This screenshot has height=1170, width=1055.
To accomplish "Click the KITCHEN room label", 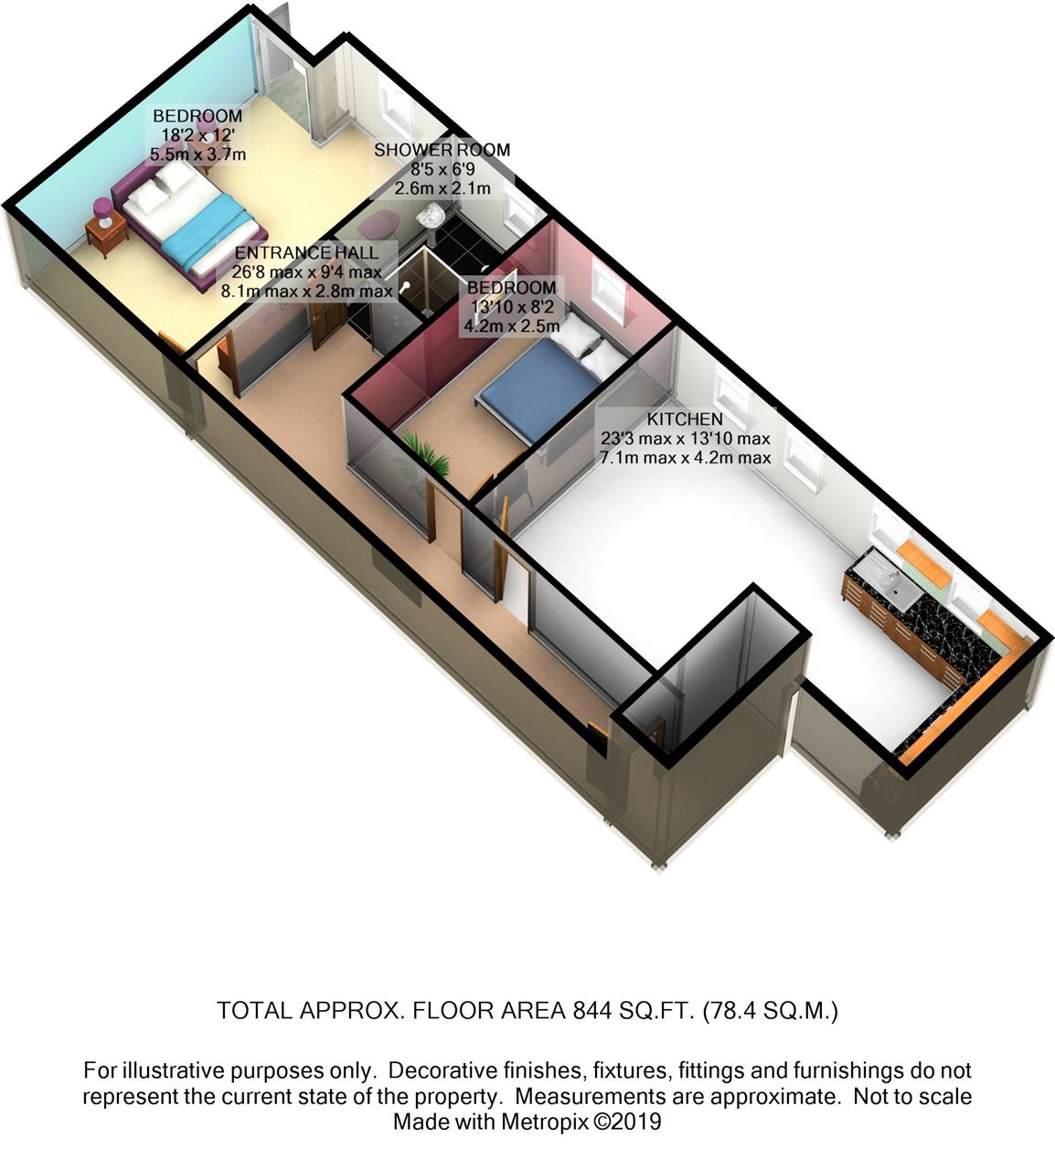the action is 685,419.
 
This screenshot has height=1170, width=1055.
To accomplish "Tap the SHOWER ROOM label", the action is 442,150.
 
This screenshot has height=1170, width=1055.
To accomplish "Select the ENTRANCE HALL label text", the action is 306,252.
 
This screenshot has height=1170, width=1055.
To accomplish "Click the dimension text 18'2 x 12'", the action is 197,135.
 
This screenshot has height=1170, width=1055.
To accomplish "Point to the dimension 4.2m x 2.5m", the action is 512,325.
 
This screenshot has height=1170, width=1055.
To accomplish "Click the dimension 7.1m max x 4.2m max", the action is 686,458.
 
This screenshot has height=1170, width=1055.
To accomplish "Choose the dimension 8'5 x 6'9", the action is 442,169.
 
